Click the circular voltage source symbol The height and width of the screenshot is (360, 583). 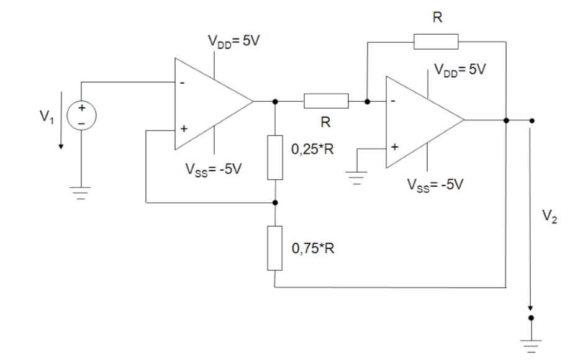[81, 115]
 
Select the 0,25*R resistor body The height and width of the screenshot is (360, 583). [275, 157]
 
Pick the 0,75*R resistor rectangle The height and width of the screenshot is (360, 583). [275, 248]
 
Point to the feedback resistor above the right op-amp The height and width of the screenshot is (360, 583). [436, 42]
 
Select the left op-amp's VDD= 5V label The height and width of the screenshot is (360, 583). [235, 44]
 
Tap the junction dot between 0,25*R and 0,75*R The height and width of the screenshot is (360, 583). [275, 202]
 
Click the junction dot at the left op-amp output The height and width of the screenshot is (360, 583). [275, 101]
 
